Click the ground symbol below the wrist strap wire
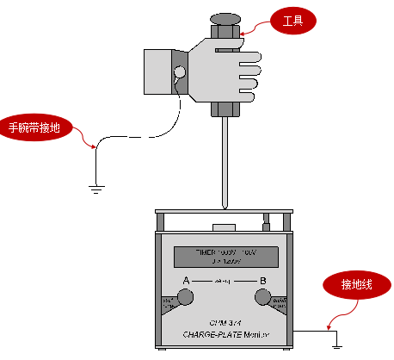point(95,183)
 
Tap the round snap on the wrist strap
point(180,71)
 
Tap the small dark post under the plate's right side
point(267,226)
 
